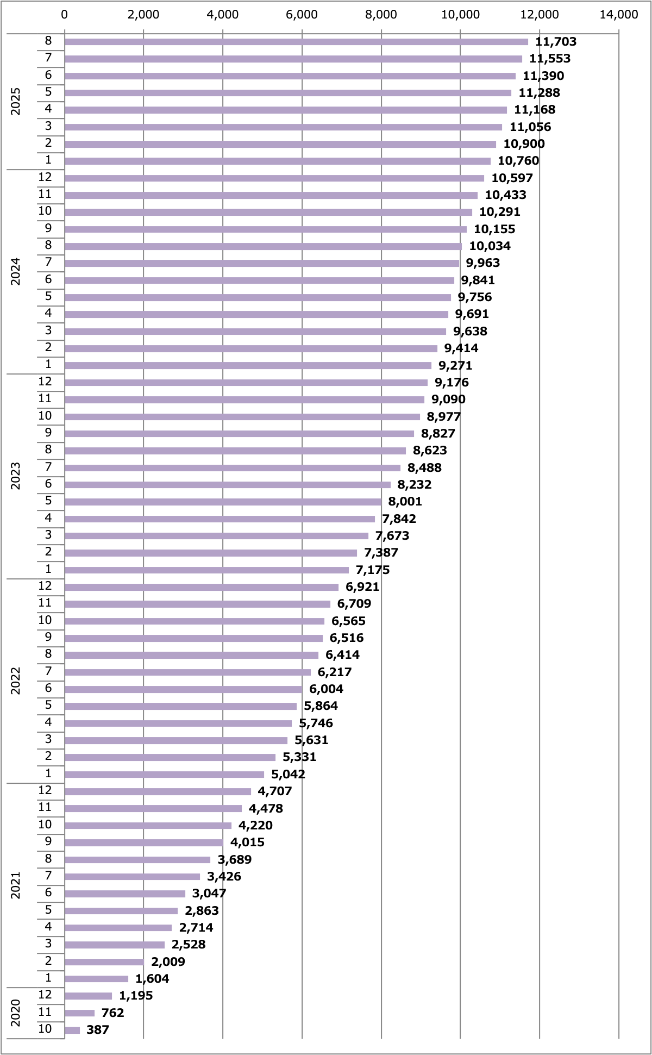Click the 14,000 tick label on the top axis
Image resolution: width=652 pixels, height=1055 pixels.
tap(618, 15)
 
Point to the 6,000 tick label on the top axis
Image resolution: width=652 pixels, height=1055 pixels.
tap(302, 15)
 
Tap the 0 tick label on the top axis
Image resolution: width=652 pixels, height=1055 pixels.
tap(65, 15)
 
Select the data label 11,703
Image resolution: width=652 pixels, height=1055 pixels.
tap(556, 42)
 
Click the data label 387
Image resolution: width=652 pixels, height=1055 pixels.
tap(98, 1030)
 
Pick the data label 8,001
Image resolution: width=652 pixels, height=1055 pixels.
tap(405, 502)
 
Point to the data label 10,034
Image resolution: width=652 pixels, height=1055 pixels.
tap(490, 246)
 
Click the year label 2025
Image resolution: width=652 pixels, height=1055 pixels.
tap(16, 101)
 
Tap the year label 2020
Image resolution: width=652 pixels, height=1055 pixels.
tap(16, 1013)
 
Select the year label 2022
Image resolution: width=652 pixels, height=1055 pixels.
tap(16, 681)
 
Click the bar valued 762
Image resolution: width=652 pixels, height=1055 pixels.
tap(79, 1013)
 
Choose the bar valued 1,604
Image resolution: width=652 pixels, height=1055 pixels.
tap(96, 979)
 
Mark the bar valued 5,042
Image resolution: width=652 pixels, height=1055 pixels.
tap(164, 775)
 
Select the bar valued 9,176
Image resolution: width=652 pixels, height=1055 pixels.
tap(246, 383)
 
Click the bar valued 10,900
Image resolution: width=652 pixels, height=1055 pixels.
tap(280, 144)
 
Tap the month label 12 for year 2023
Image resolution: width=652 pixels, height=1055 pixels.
tap(45, 382)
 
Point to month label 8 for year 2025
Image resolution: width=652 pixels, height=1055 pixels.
tap(48, 41)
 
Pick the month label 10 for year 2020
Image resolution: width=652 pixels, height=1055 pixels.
tap(45, 1029)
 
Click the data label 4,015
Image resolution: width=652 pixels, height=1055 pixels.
tap(247, 842)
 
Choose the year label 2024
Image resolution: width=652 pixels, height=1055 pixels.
tap(16, 271)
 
